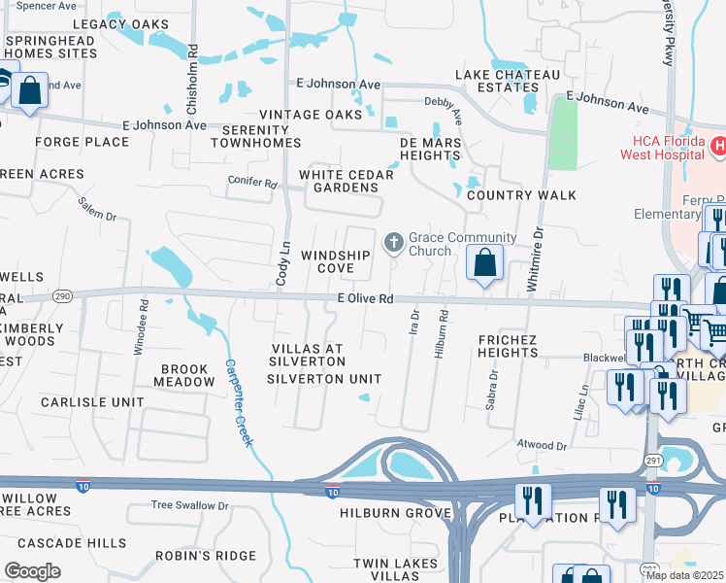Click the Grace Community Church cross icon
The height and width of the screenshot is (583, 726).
394,241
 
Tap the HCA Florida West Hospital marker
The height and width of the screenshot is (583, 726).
717,147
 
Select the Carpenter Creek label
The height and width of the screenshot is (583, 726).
239,403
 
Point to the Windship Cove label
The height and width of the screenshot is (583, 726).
335,261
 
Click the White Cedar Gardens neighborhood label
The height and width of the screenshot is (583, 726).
346,181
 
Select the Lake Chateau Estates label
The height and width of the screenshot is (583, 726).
508,82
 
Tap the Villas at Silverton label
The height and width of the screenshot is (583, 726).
308,355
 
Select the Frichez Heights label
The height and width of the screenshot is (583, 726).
508,346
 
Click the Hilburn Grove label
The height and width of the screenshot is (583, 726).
396,512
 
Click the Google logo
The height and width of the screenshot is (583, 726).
32,570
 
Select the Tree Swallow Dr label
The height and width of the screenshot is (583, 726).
189,505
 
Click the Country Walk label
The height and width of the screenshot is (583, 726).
521,195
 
